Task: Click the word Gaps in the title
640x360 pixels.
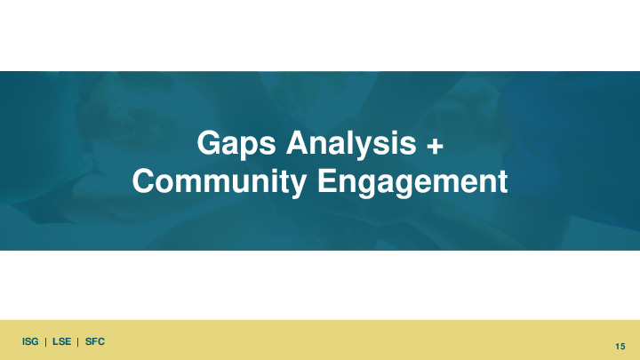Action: (x=236, y=145)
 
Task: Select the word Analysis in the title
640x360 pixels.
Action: (x=351, y=145)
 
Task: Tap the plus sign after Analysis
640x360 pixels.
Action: (x=435, y=146)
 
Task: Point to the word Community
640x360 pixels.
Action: (x=220, y=182)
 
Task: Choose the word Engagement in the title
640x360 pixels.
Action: (x=412, y=182)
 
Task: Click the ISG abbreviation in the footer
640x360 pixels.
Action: (x=30, y=341)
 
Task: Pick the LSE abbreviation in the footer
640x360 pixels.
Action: (x=61, y=341)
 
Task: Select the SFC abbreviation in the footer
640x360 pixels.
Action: (x=95, y=341)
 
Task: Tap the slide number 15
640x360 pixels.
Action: (x=620, y=347)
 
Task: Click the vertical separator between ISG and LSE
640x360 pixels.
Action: (x=45, y=342)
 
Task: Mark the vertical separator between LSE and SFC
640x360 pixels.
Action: (x=78, y=342)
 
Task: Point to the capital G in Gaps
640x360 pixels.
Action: (x=209, y=142)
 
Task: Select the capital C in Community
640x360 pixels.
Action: (x=144, y=180)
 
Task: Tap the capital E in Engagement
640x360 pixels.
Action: (x=327, y=180)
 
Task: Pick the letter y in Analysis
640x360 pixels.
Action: (x=373, y=148)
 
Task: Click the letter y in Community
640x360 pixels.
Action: (x=298, y=187)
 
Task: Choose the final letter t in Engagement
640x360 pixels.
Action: (x=502, y=182)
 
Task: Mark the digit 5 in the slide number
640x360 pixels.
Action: (x=622, y=347)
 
